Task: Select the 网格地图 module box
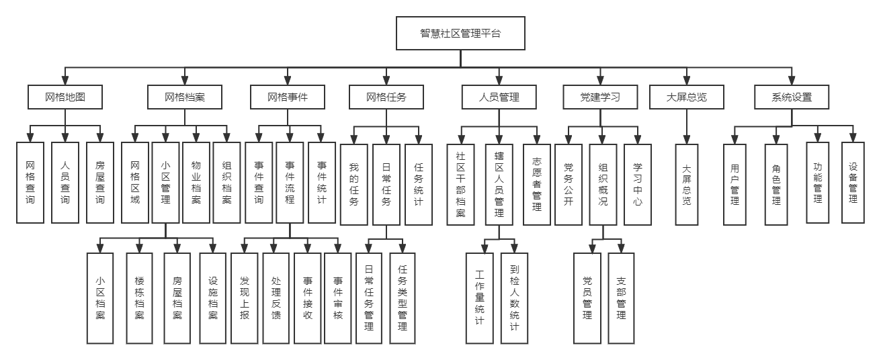coord(65,97)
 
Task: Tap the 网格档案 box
coord(185,97)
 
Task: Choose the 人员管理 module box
coord(499,97)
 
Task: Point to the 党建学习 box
coord(600,97)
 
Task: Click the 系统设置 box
coord(792,97)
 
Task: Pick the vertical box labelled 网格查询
coord(30,182)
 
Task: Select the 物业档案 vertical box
coord(197,182)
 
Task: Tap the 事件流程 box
coord(290,182)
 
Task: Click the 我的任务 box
coord(354,185)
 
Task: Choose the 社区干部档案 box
coord(460,185)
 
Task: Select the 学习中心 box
coord(638,185)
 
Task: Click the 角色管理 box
coord(776,185)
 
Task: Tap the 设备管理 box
coord(853,182)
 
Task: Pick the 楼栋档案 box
coord(140,297)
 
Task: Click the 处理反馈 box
coord(276,297)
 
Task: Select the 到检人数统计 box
coord(514,297)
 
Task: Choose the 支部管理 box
coord(621,297)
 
